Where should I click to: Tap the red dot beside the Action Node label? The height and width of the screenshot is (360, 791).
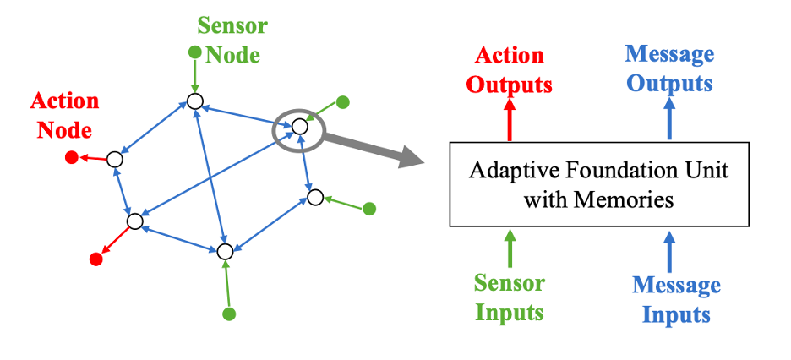(x=72, y=156)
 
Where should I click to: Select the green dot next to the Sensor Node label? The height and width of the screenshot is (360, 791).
(x=194, y=53)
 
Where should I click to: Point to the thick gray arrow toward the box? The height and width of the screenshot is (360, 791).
(x=372, y=150)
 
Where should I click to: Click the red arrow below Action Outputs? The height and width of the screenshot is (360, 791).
(x=510, y=118)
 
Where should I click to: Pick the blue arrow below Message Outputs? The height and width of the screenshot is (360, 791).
(x=670, y=118)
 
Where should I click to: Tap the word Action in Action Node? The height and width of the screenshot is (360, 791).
(x=64, y=101)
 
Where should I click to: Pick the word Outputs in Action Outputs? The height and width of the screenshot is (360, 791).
(x=510, y=85)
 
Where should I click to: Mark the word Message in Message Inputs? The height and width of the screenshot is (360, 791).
(x=676, y=286)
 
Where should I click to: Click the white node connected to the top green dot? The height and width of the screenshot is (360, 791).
(x=195, y=101)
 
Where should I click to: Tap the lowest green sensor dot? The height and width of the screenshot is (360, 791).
(x=228, y=314)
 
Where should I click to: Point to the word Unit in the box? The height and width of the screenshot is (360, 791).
(x=708, y=172)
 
